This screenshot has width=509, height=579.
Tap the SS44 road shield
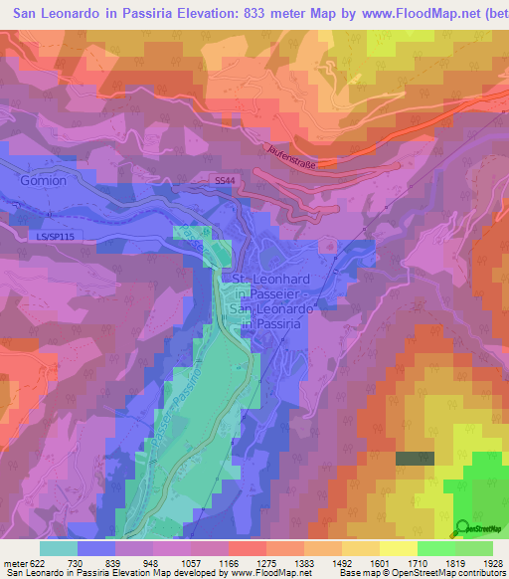click(226, 180)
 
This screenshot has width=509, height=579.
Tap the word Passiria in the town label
click(284, 322)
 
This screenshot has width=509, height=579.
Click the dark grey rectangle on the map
click(409, 458)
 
